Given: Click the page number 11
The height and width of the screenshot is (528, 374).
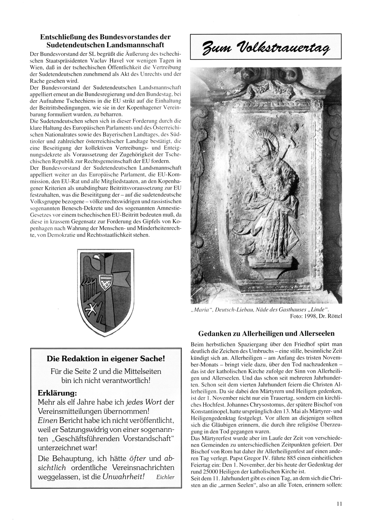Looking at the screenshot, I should coord(339,504).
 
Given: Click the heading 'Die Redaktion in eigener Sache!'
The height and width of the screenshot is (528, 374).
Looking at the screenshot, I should coord(105,359).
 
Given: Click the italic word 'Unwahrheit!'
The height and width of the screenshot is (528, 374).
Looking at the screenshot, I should coord(126,477).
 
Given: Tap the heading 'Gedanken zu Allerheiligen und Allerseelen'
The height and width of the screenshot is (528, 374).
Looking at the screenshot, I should coord(266,333).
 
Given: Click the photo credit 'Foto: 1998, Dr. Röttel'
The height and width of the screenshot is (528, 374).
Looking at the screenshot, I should coord(316,316).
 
